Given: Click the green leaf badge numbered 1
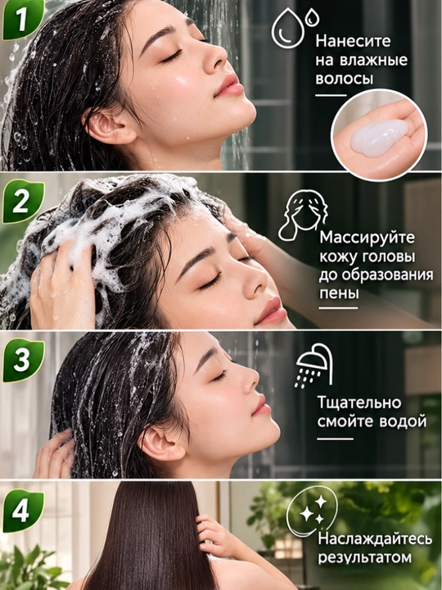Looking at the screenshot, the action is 23,19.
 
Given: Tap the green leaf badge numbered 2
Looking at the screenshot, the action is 23,202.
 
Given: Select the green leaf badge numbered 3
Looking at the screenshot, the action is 23,360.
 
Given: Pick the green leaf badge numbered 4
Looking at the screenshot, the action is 23,511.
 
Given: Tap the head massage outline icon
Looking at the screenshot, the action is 303,215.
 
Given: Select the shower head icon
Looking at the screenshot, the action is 313,365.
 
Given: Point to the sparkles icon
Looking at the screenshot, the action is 312,510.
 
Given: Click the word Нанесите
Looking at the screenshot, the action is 354,41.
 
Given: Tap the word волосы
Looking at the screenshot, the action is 345,79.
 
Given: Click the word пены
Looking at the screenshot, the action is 339,294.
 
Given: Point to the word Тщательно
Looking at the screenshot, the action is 359,403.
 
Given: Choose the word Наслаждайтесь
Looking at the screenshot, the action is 375,539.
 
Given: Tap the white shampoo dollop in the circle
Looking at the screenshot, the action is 379,138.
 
